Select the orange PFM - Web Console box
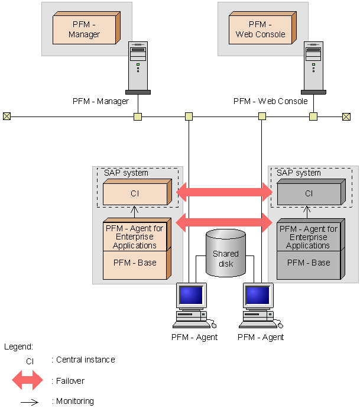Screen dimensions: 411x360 coord(260,30)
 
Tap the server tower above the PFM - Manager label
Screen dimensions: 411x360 coord(138,66)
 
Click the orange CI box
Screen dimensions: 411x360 coord(135,193)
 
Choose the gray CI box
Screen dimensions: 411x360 coord(309,193)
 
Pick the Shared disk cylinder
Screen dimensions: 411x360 coord(225,253)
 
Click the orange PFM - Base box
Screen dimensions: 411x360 coord(135,263)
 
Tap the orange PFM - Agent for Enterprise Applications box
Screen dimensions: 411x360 coord(135,237)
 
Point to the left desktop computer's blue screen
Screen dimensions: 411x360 coord(192,295)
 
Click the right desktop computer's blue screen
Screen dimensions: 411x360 coord(258,295)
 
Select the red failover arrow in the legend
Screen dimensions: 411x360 coord(27,381)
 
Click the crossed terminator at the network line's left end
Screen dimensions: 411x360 coord(7,116)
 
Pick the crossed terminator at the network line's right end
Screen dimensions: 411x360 coord(346,116)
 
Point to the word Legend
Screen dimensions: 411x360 coord(18,347)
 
